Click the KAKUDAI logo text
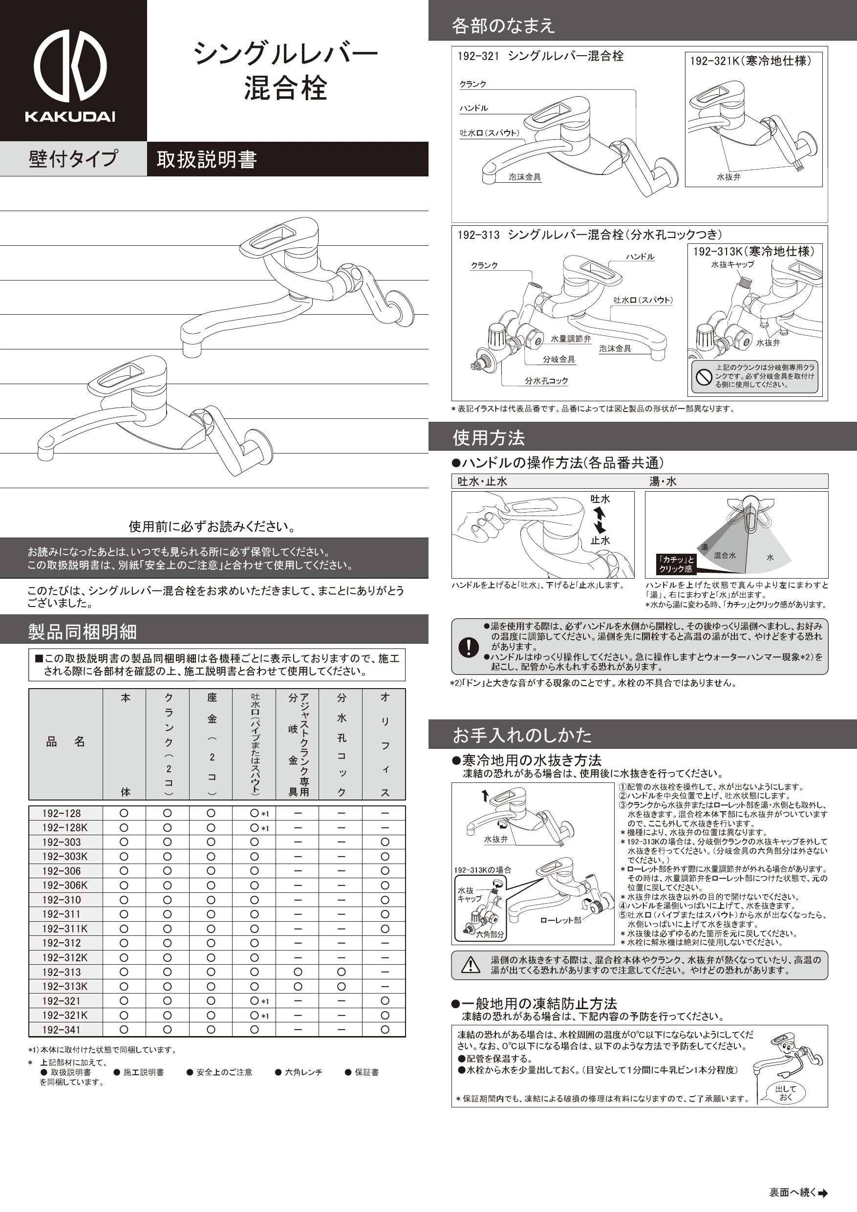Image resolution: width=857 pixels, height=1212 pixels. click(x=70, y=117)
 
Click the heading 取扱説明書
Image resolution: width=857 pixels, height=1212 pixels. click(x=206, y=159)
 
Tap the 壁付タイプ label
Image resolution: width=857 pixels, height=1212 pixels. click(x=73, y=159)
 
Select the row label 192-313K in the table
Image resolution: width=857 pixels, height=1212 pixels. click(x=65, y=986)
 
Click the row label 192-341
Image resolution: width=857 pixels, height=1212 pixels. click(x=61, y=1029)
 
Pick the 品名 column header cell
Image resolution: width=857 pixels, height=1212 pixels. click(x=65, y=742)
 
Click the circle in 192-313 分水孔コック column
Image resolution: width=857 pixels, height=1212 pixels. click(x=341, y=972)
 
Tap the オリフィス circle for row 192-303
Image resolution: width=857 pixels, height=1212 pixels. click(x=385, y=842)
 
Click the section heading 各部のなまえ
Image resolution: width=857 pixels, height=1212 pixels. click(x=503, y=26)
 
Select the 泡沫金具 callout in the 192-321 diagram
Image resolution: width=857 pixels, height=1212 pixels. click(x=525, y=177)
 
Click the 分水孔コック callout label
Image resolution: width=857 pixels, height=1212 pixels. click(x=546, y=381)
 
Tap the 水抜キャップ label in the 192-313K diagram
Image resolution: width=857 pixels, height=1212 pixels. click(x=732, y=264)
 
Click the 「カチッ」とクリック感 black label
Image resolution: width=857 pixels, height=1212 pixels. click(x=675, y=564)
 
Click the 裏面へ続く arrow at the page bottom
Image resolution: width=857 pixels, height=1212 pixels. click(x=823, y=1192)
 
